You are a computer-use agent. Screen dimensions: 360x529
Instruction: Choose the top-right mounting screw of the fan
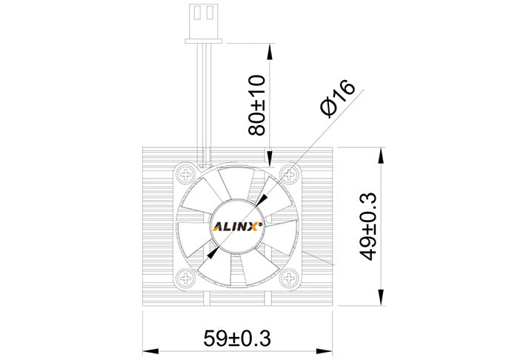click(290, 174)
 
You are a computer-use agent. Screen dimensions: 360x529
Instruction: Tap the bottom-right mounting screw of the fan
click(290, 279)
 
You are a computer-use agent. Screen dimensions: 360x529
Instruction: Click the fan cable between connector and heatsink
click(203, 96)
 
